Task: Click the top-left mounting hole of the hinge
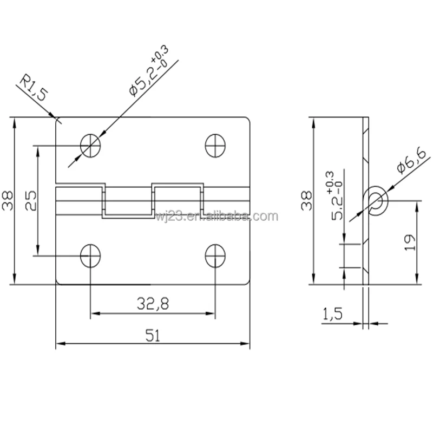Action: click(91, 145)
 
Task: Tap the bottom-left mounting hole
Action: click(91, 255)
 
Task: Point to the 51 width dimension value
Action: click(153, 335)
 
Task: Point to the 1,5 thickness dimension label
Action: click(332, 314)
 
